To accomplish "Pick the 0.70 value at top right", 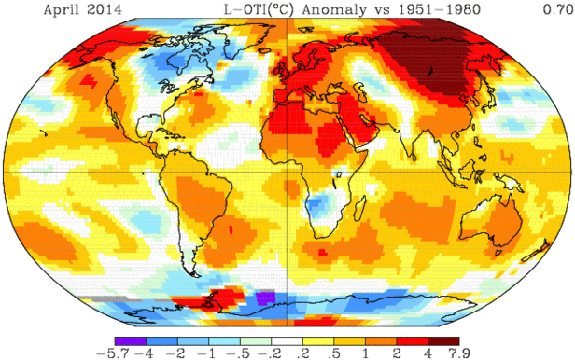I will click(557, 9).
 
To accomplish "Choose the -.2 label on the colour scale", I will click(273, 353).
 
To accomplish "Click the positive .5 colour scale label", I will click(333, 353).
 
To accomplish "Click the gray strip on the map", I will click(101, 297).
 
